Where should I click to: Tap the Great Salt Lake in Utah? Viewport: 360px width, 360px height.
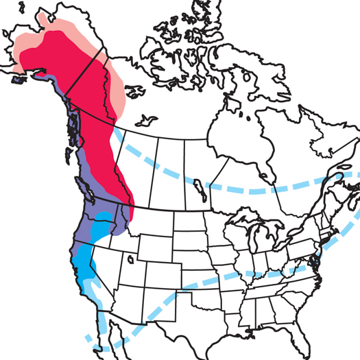coord(130,259)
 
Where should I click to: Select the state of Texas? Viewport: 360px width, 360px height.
coord(206,322)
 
